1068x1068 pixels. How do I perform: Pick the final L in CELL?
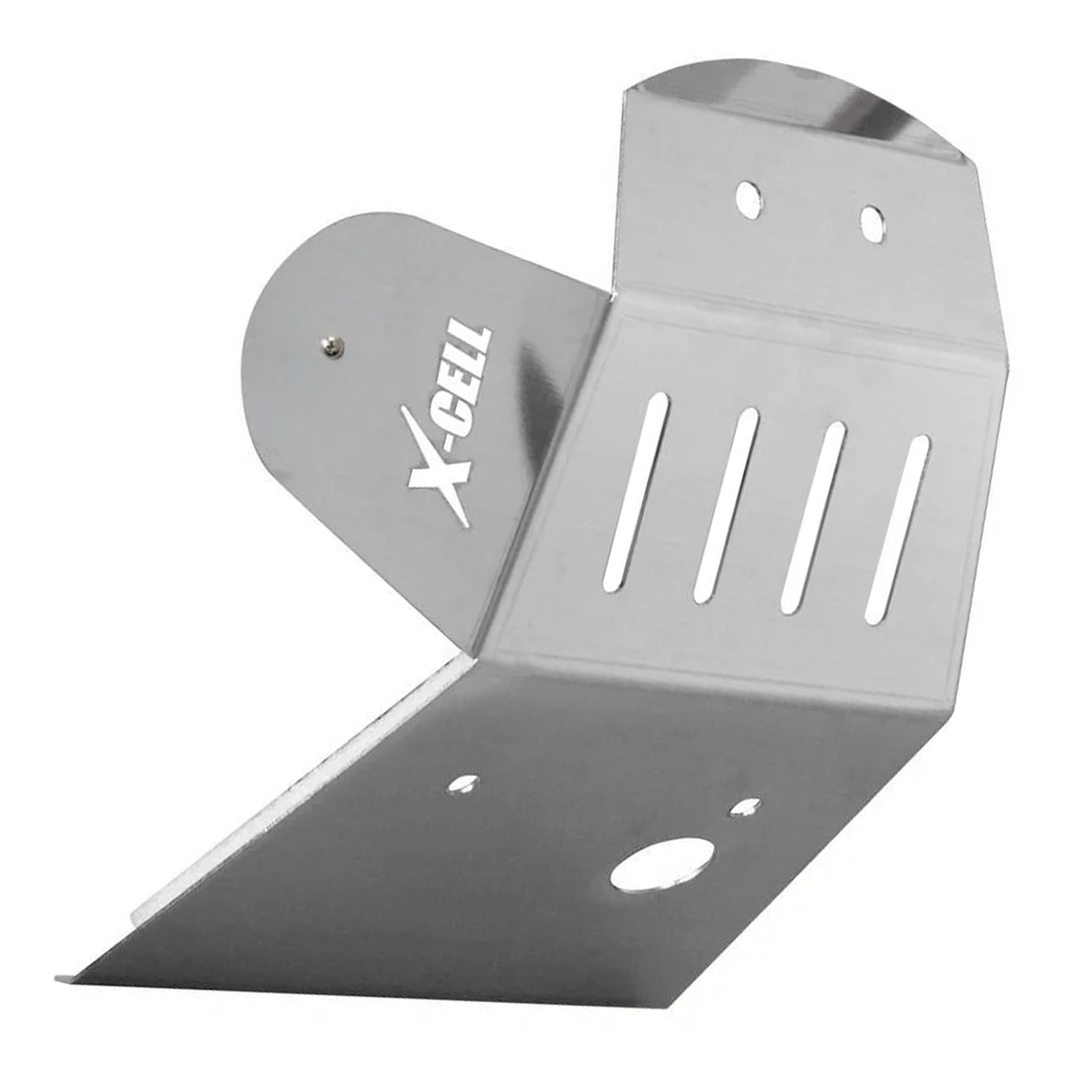click(x=481, y=337)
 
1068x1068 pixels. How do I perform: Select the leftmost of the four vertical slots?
click(x=635, y=492)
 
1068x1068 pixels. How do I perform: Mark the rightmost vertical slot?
click(x=897, y=528)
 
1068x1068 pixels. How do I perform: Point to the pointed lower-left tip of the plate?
click(x=62, y=979)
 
